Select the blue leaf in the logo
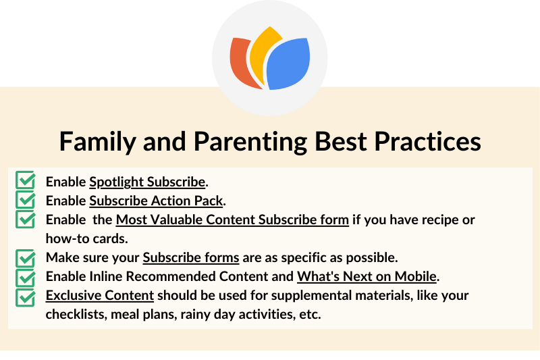pos(288,65)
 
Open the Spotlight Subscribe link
pos(147,182)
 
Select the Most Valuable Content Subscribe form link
pos(232,220)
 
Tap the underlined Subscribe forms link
pos(191,257)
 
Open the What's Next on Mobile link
pos(367,276)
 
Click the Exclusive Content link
pos(100,295)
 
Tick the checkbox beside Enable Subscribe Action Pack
pos(26,200)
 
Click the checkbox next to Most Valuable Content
pos(26,219)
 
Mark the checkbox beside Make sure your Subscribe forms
pos(26,257)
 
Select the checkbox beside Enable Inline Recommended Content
pos(26,276)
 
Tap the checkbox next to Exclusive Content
pos(26,295)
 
